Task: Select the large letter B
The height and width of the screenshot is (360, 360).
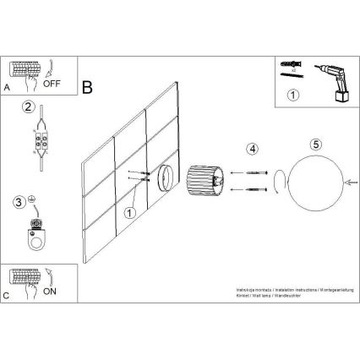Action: [x=88, y=87]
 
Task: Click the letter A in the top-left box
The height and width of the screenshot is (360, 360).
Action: [x=8, y=87]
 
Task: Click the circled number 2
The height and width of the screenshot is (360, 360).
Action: [x=29, y=107]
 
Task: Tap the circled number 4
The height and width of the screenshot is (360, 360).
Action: [x=251, y=150]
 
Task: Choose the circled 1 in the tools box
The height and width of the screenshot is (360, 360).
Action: [x=293, y=95]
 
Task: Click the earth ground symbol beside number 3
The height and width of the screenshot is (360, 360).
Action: [x=30, y=200]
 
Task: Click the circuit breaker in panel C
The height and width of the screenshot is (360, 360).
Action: [x=25, y=276]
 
